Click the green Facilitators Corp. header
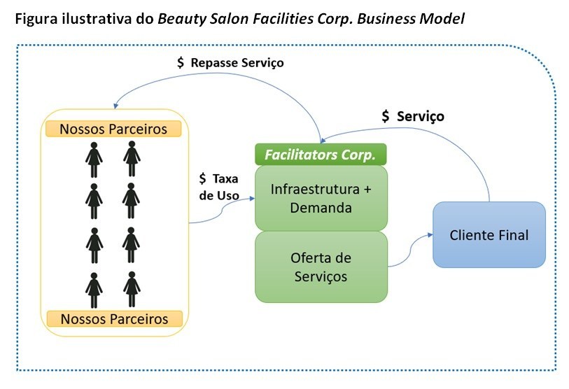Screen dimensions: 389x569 321,153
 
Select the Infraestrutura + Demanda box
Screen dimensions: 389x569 321,198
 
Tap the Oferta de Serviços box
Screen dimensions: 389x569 321,267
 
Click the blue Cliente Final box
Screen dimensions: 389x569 489,234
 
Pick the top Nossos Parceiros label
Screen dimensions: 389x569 113,129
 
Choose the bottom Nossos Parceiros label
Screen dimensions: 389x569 113,318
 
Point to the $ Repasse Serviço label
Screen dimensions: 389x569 230,62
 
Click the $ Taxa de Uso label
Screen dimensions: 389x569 218,187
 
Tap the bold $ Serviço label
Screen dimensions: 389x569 413,116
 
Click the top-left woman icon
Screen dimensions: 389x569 94,159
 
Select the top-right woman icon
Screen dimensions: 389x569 131,159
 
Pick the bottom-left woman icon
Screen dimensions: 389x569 94,290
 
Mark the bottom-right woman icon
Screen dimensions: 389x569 131,290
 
